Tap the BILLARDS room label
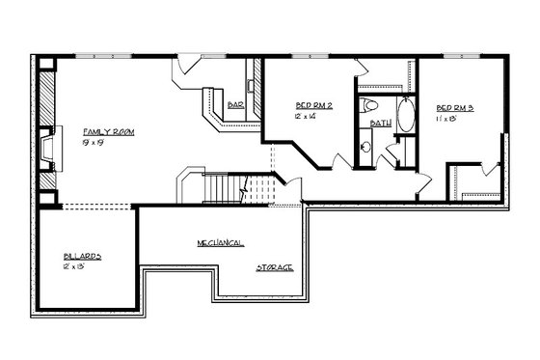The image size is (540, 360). coord(83,256)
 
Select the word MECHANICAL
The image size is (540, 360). coord(220,241)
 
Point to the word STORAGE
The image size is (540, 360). coord(275,266)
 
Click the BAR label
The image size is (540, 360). coord(235,105)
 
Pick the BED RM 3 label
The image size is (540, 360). coord(454,107)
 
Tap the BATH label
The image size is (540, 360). coord(381,124)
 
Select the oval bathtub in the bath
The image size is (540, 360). coord(404,117)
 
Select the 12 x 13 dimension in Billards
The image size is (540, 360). coord(77,265)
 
